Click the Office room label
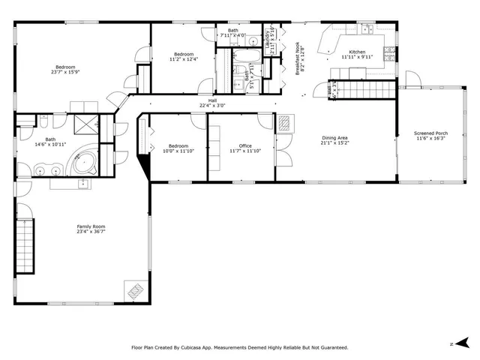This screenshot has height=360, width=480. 245,148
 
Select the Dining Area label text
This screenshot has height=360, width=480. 334,140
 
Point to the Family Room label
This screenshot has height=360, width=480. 91,229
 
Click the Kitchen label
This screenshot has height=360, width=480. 352,55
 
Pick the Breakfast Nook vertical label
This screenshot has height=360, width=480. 298,58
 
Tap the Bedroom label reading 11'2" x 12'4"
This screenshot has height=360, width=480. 184,57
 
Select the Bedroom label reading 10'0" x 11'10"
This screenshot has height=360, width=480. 178,148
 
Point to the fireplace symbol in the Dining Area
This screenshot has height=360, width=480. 285,123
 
